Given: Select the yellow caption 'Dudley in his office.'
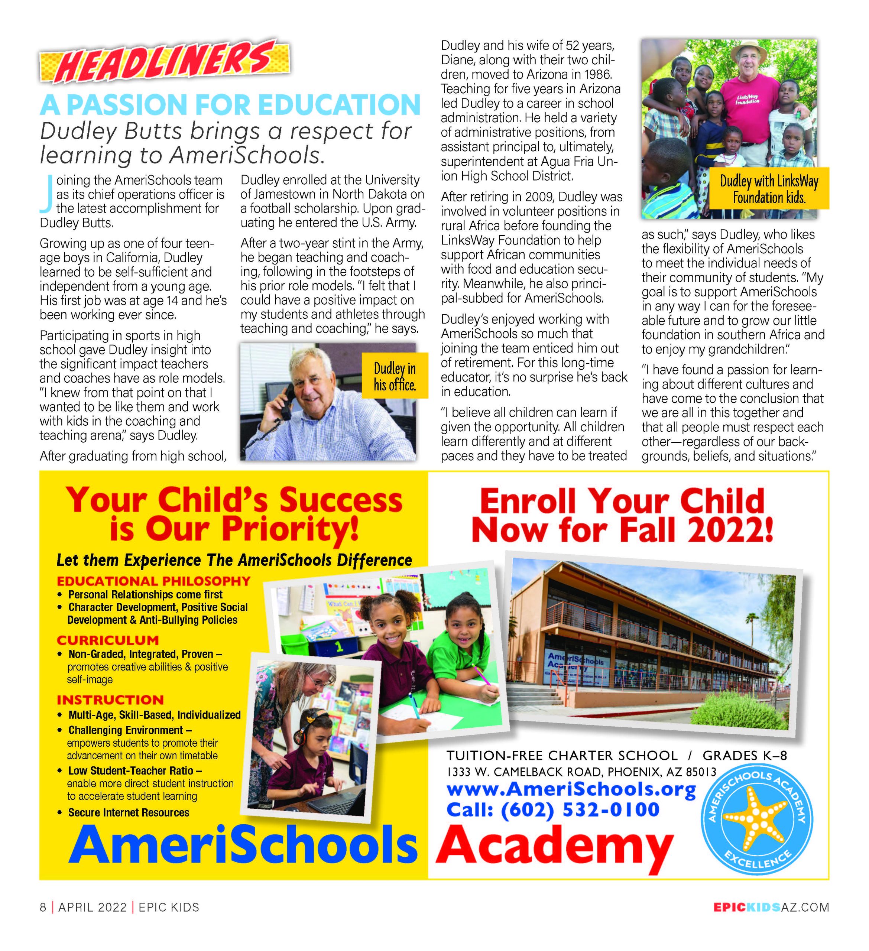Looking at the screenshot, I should coord(395,376).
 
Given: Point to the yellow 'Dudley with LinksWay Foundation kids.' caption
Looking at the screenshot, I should coord(769,189).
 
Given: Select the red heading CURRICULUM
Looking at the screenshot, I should coord(108,640).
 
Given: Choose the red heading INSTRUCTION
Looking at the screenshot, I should coord(110,700).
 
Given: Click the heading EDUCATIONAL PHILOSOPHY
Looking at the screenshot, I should coord(153,581).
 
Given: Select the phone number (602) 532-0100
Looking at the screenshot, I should coord(580,809).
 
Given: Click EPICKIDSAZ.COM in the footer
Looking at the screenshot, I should coord(771,907).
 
